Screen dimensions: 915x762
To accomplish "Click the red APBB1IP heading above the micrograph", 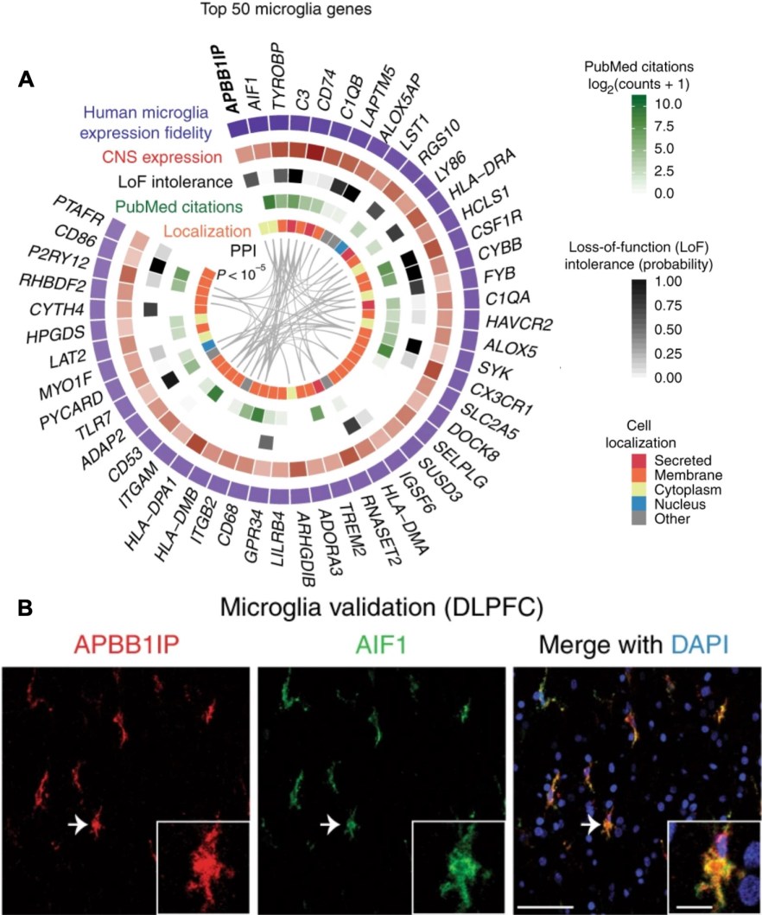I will point(126,645).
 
